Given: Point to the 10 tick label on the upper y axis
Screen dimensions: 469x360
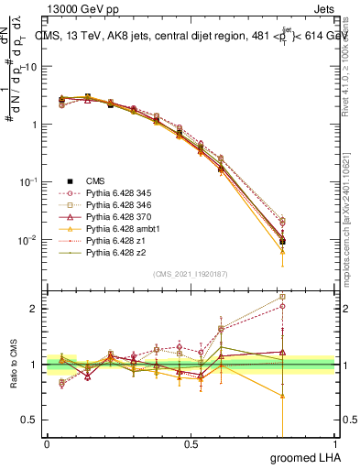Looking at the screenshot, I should pyautogui.click(x=31, y=67).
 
